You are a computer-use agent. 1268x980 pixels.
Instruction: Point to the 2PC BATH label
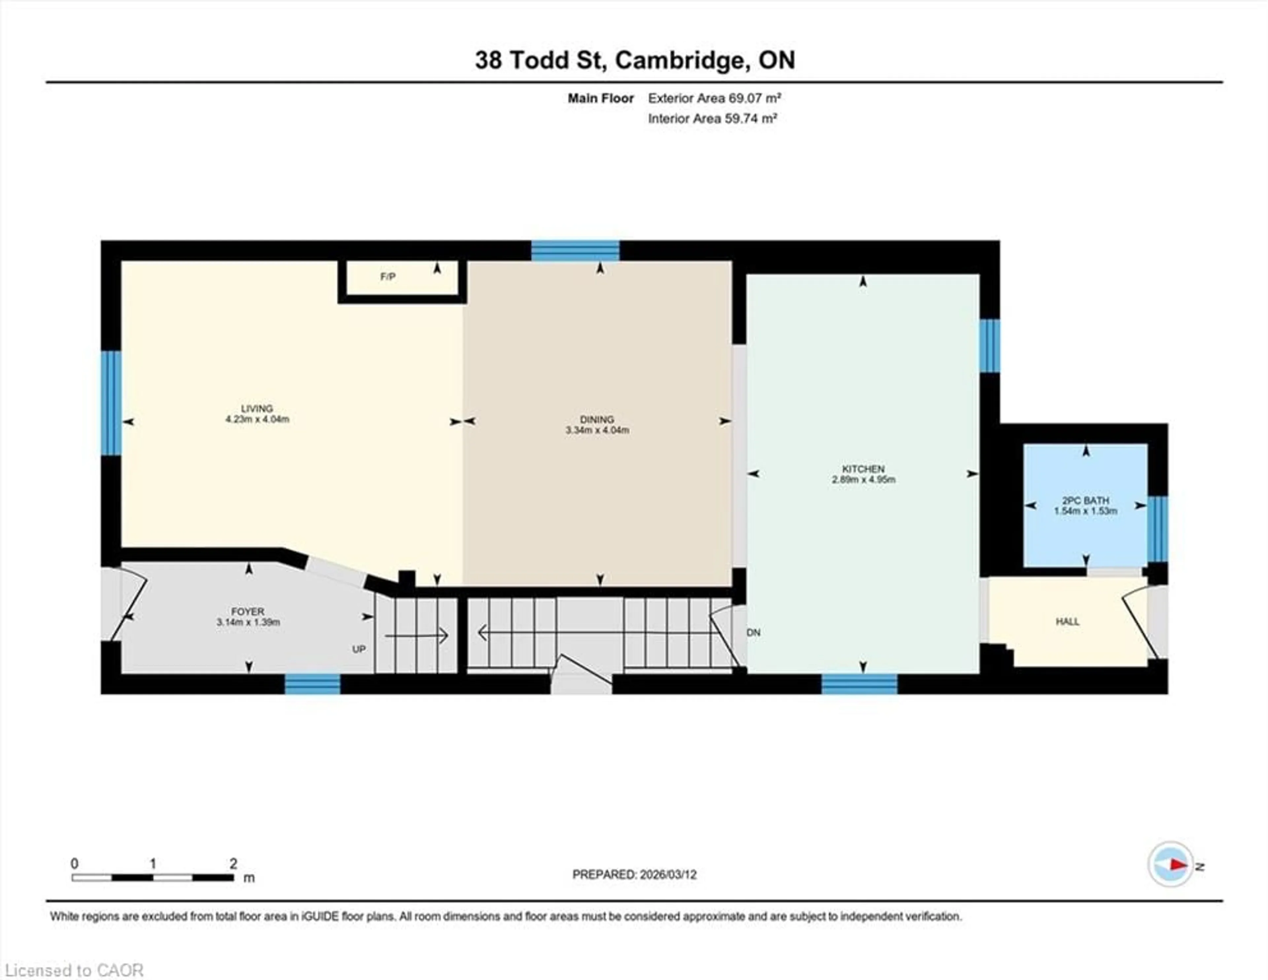pos(1085,500)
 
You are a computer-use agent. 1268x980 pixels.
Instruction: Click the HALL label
pos(1067,621)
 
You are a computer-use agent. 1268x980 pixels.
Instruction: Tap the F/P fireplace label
pos(388,277)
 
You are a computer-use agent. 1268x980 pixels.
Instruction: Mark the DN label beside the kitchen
pos(754,633)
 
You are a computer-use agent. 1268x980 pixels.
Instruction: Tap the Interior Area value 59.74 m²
pos(750,118)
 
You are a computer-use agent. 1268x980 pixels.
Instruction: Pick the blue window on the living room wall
pos(111,403)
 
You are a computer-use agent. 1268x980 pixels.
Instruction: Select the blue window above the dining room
pos(575,251)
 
